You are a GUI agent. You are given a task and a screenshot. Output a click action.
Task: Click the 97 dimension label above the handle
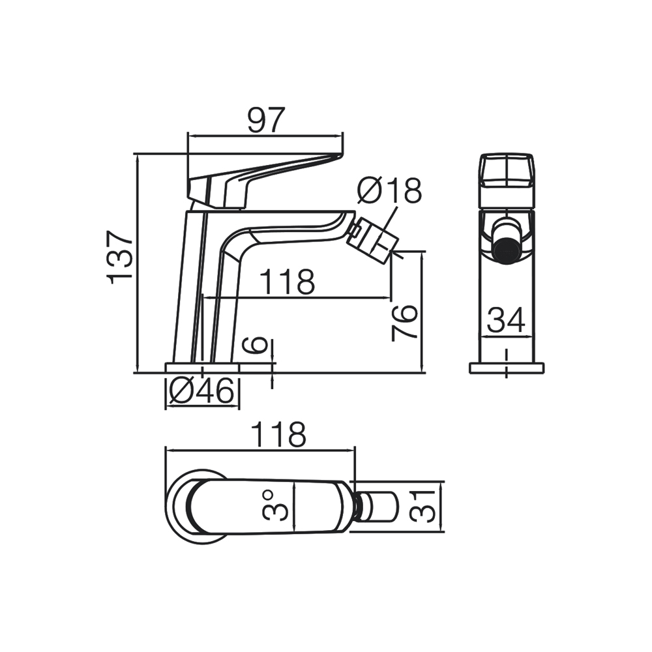(x=266, y=120)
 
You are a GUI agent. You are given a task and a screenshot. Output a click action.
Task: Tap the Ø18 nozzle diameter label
(x=390, y=190)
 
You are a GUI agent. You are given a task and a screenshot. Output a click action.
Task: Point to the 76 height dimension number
(x=405, y=321)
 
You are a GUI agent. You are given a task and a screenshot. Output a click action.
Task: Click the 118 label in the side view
(x=287, y=282)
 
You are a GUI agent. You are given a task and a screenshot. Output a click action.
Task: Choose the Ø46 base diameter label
(x=201, y=392)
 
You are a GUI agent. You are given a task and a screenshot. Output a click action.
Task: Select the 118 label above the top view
(x=278, y=435)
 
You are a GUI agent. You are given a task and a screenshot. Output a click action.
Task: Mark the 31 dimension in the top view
(x=423, y=505)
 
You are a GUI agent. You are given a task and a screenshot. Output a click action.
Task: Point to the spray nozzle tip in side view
(x=373, y=239)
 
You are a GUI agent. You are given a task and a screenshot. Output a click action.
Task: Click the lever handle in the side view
(x=261, y=171)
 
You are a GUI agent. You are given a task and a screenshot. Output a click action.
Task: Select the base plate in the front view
(x=507, y=368)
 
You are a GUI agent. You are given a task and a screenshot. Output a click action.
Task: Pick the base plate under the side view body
(x=202, y=368)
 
